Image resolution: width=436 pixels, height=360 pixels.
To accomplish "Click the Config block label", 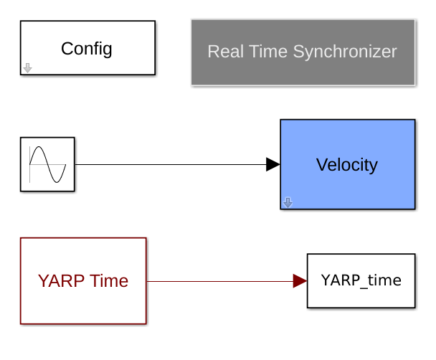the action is click(x=87, y=49).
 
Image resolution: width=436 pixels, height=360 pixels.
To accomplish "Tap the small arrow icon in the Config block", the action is click(x=27, y=68).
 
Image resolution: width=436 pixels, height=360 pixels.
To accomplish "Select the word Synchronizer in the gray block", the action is click(x=345, y=52).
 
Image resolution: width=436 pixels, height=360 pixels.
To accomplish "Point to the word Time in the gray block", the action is click(x=268, y=52).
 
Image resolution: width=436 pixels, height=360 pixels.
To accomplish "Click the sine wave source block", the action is click(x=47, y=164).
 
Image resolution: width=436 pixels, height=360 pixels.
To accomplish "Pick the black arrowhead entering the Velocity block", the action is click(x=272, y=164).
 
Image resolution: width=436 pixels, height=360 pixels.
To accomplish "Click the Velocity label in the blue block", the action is click(x=347, y=165).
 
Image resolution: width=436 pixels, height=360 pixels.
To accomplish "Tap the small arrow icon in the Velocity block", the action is click(x=288, y=203).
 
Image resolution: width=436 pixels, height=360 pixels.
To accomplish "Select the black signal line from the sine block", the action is click(x=171, y=164).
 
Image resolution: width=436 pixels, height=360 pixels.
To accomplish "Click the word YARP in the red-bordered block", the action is click(x=61, y=281).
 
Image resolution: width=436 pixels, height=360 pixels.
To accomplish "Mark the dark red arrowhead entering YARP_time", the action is click(x=300, y=281).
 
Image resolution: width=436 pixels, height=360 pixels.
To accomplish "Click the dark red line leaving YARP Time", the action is click(x=220, y=281).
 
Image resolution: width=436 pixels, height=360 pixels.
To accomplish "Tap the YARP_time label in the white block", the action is click(x=361, y=280).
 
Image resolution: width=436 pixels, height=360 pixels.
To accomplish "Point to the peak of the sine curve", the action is click(x=39, y=147).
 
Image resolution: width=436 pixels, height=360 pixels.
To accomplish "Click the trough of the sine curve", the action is click(x=57, y=182).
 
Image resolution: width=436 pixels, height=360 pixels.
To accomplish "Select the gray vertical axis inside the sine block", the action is click(x=29, y=164).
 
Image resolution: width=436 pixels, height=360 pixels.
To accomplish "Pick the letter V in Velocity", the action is click(x=322, y=165).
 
